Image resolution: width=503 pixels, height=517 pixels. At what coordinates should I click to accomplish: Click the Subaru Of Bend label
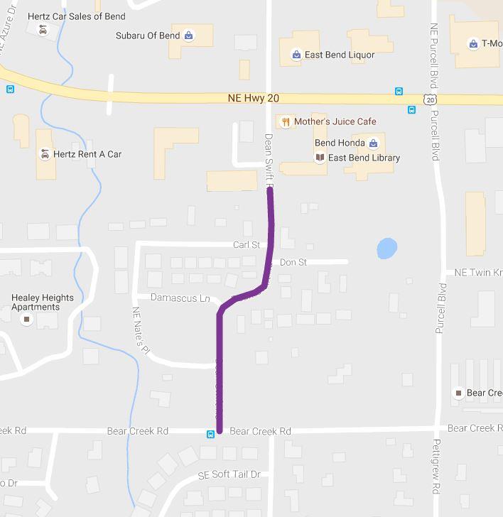148,36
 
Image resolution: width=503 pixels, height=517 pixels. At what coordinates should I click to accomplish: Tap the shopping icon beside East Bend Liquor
296,55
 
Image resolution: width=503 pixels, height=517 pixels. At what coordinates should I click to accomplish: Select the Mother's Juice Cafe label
335,121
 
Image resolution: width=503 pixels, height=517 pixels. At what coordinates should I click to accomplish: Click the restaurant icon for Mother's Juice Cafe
285,121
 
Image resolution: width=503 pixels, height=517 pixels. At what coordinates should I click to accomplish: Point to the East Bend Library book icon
320,158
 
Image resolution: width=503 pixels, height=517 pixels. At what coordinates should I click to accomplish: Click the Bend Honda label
340,143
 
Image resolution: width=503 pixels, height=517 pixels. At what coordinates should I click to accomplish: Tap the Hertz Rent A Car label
87,154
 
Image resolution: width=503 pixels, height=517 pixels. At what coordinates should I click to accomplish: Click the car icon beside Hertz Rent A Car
45,154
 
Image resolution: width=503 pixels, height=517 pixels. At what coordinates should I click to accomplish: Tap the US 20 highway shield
431,100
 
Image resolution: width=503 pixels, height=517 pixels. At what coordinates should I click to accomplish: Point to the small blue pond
386,249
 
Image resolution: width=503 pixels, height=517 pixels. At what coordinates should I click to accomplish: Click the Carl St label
246,245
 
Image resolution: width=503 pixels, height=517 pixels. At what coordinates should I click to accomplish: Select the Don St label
293,262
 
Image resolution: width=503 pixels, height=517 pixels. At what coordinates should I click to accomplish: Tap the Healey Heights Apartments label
42,303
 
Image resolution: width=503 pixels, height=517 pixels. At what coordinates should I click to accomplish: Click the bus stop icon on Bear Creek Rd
210,434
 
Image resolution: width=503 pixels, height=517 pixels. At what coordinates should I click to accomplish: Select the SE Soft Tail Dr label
229,474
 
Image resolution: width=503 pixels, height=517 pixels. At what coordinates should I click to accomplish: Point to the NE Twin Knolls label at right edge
477,273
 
